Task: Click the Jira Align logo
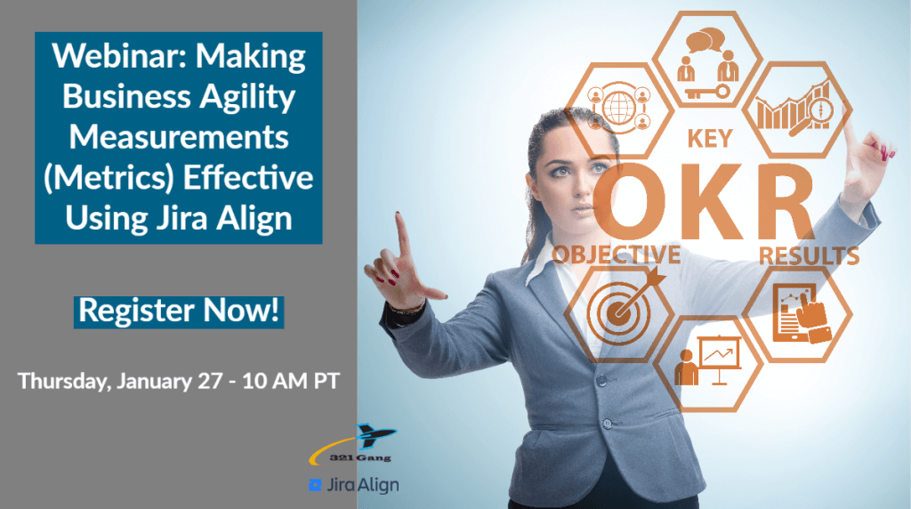pyautogui.click(x=353, y=485)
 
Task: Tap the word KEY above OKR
pyautogui.click(x=709, y=139)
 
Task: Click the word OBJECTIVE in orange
pyautogui.click(x=617, y=254)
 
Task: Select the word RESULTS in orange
pyautogui.click(x=809, y=256)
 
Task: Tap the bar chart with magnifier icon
pyautogui.click(x=794, y=109)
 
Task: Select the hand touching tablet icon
pyautogui.click(x=798, y=312)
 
